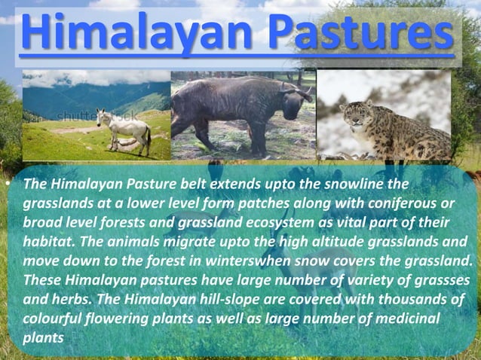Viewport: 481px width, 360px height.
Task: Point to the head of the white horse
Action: [103, 117]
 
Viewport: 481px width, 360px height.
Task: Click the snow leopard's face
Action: [354, 115]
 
